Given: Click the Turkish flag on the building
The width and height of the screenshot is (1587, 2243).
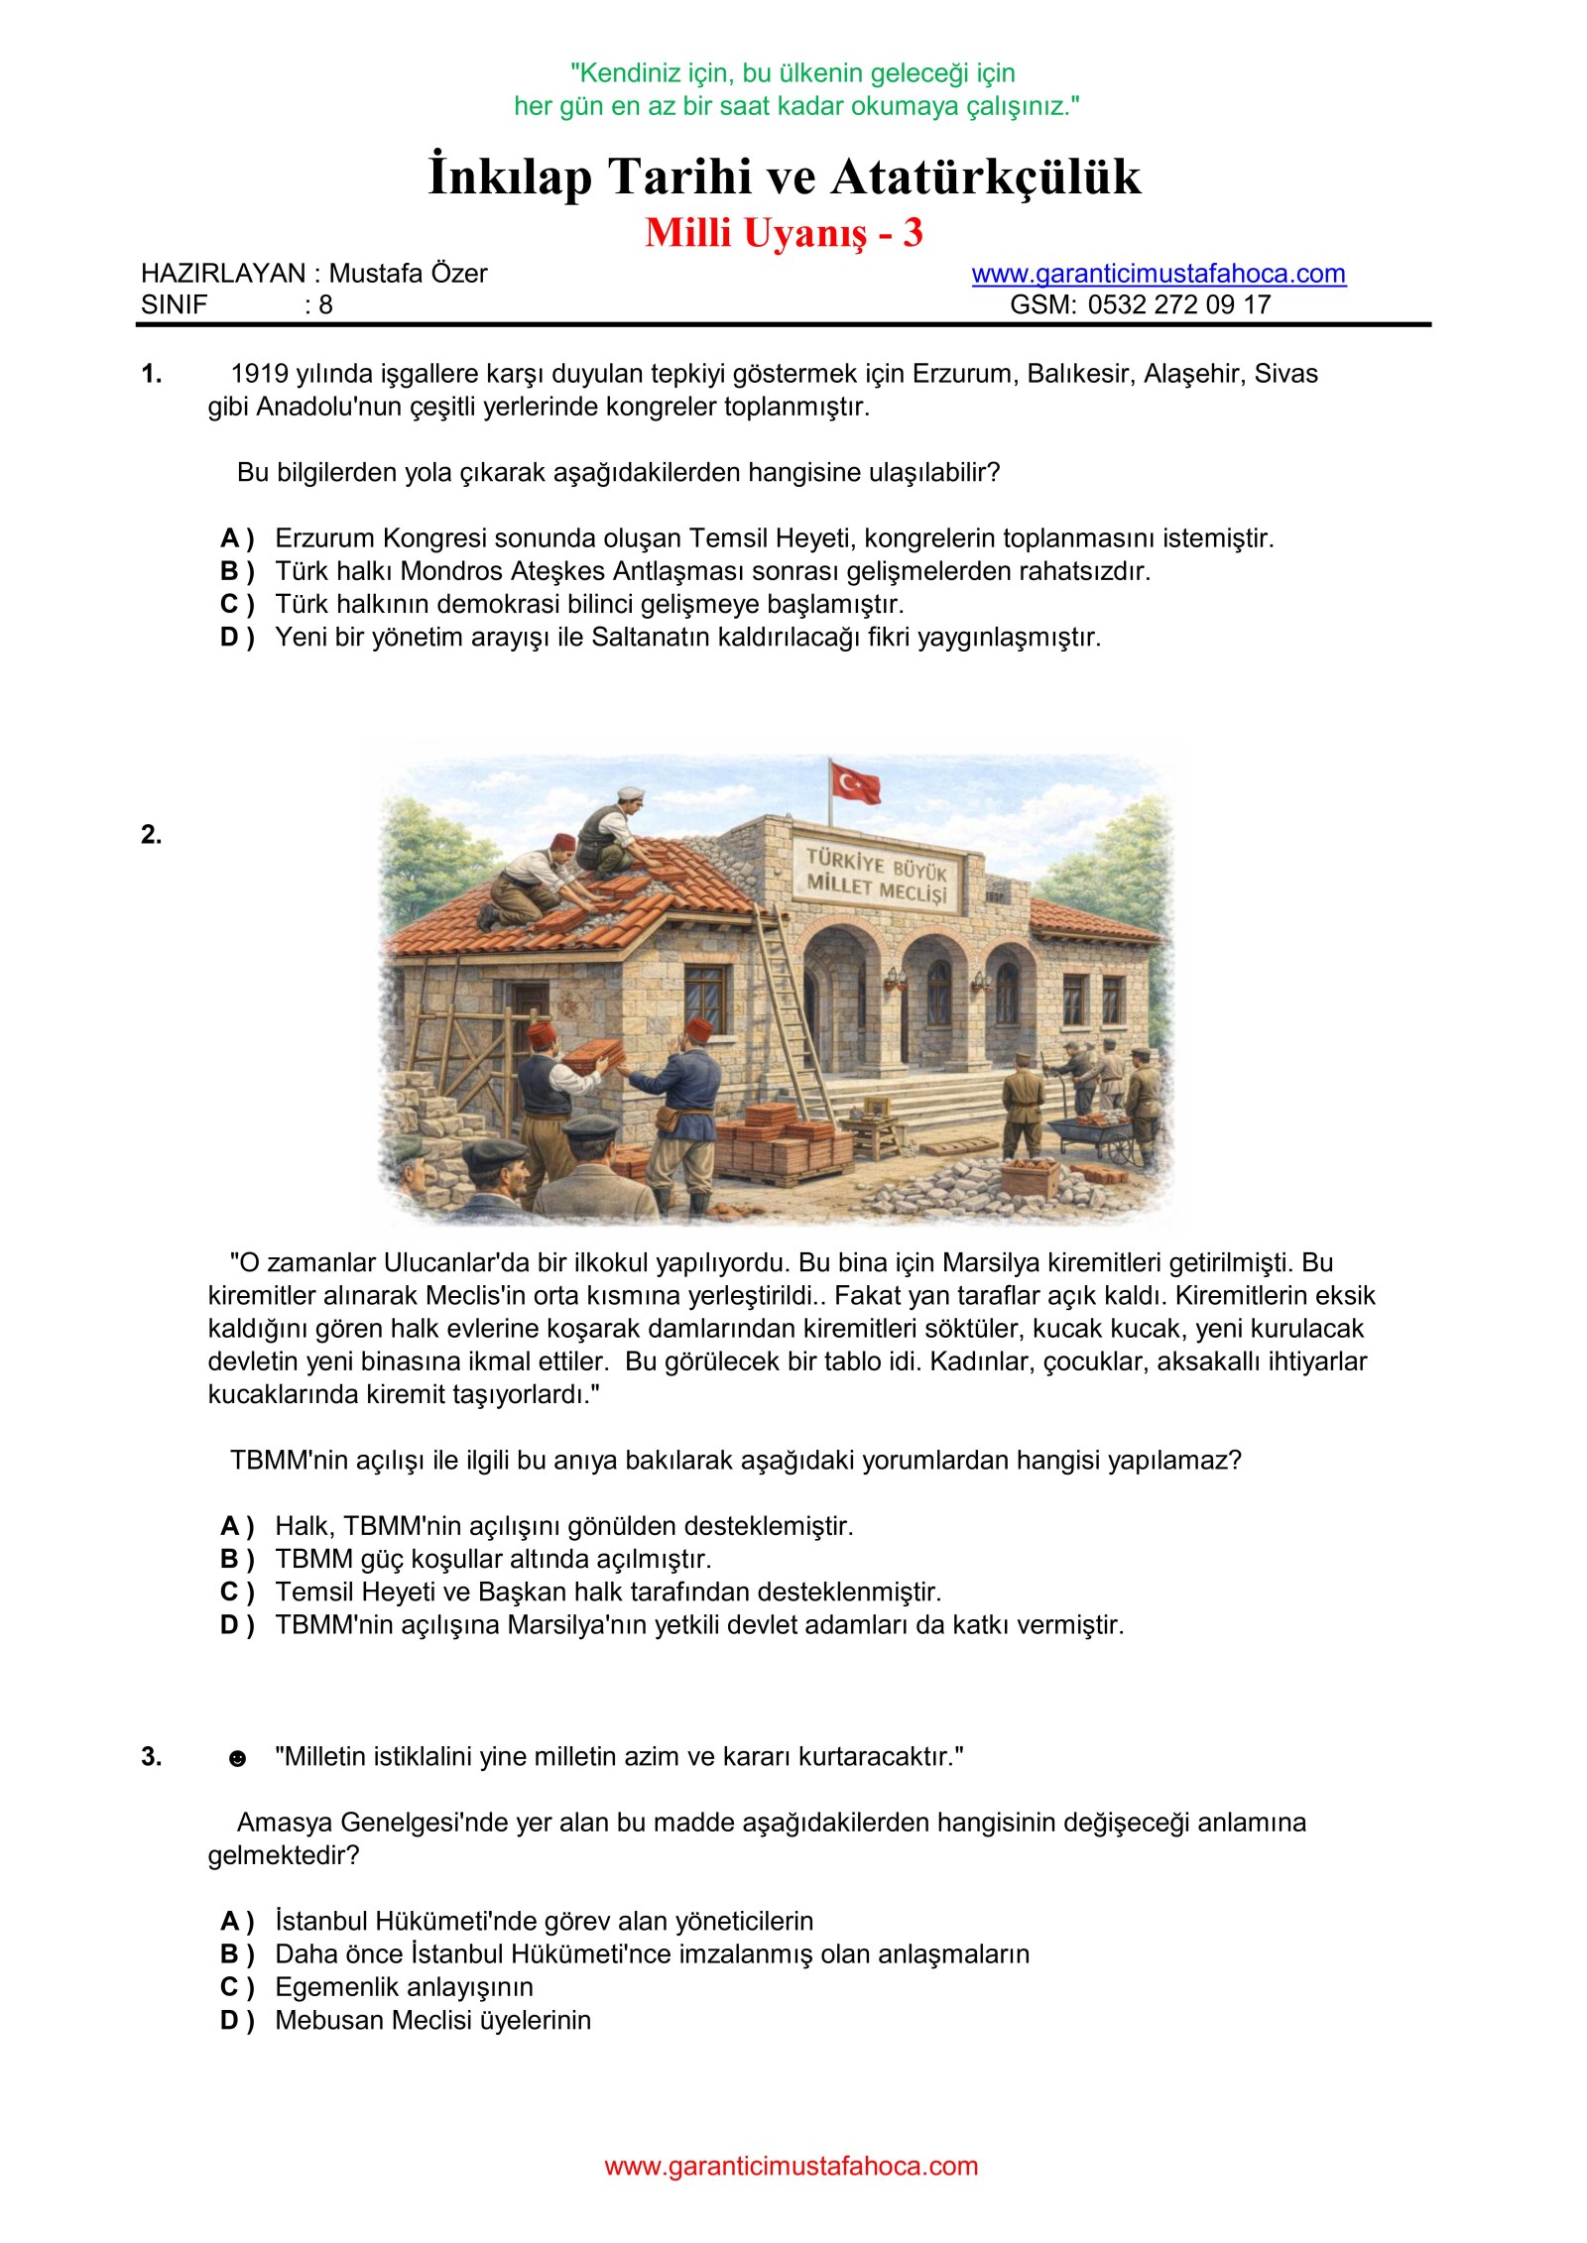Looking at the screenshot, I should coord(855,782).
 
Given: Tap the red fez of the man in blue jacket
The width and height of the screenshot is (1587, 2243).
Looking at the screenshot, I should coord(698,1027).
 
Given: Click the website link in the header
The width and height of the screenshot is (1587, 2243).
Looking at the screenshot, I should coord(1158,274).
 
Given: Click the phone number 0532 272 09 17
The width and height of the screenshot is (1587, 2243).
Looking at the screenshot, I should coord(1178,304).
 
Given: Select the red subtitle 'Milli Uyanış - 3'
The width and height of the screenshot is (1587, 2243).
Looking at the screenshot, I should coord(784,233).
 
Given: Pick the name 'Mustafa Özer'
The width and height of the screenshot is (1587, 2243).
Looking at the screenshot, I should coord(408,274).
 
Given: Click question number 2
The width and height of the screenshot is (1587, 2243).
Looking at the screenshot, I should coord(151,835).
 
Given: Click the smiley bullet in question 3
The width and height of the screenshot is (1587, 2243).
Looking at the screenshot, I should coord(237,1759).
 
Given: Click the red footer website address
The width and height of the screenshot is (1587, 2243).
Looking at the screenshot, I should coord(791,2167).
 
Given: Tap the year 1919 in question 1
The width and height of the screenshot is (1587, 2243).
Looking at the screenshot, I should coord(261,374).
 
